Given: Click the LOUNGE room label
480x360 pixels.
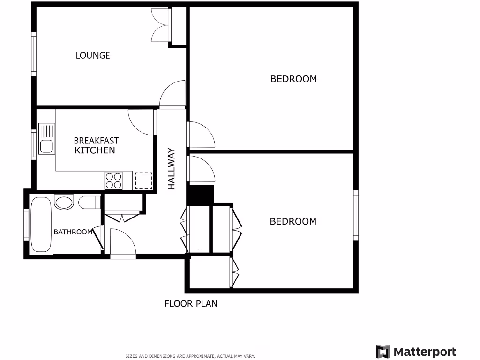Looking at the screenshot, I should tap(93, 55).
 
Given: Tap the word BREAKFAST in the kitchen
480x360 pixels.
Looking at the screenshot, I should tap(96, 140).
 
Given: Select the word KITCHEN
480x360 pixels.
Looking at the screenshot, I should tap(95, 150).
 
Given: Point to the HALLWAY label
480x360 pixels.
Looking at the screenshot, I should tap(171, 169).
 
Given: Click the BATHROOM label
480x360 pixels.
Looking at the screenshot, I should tap(73, 232).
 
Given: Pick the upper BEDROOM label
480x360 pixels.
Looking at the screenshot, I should tap(293, 79).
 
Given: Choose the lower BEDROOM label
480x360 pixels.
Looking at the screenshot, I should tap(293, 221).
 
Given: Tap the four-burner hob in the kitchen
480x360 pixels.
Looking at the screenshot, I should tap(113, 180).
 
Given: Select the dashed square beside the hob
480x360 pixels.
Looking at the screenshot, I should tap(144, 180).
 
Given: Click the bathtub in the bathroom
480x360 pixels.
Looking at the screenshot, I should tap(41, 225).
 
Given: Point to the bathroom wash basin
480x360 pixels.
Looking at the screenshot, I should tap(64, 202).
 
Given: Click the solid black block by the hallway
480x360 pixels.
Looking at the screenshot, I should tap(200, 195).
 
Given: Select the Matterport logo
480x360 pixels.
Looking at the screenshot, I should tap(416, 352).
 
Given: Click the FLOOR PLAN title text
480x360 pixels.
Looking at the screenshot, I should tap(191, 303).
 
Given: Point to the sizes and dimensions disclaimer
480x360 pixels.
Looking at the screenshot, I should tap(190, 356).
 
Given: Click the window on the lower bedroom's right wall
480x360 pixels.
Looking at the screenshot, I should tap(356, 216).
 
